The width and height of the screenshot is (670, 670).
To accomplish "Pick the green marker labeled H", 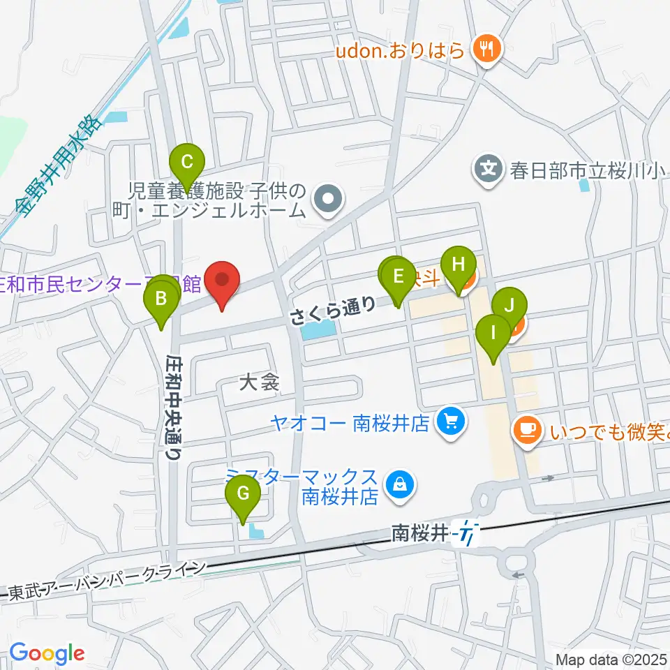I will click(458, 265).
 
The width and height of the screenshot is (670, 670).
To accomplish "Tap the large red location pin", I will click(223, 281).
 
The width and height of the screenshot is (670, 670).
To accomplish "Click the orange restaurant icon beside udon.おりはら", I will click(485, 50).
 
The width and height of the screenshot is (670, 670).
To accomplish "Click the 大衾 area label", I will click(259, 382).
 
